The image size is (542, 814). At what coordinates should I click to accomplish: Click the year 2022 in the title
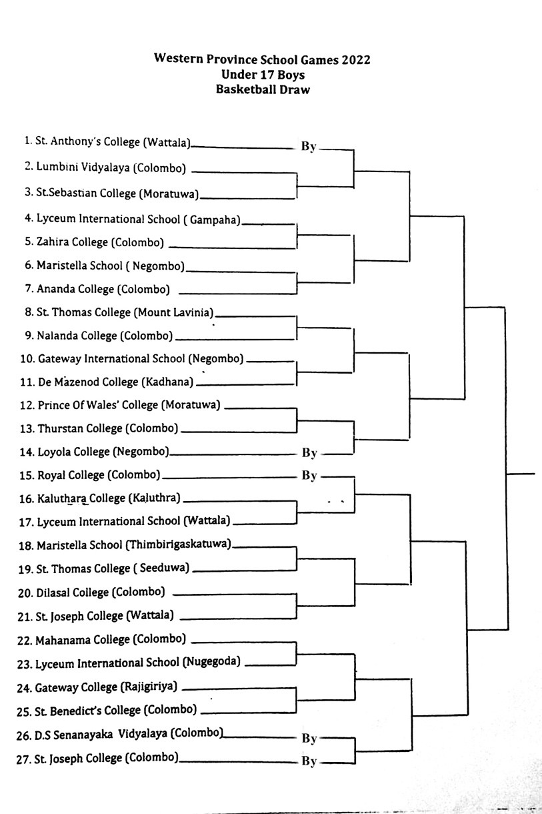(x=355, y=59)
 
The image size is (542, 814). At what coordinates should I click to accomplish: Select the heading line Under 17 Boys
(x=263, y=75)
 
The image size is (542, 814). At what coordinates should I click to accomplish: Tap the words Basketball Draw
(x=263, y=89)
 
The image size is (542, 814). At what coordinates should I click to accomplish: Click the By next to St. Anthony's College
(x=309, y=146)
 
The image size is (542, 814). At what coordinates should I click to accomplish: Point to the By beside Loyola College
(x=309, y=452)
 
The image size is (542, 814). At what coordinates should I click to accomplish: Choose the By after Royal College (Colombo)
(x=309, y=475)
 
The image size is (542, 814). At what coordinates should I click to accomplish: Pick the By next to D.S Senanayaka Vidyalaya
(x=309, y=738)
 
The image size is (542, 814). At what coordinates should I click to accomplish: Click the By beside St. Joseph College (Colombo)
(x=309, y=761)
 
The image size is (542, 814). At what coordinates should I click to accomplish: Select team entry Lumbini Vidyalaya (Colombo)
(x=111, y=167)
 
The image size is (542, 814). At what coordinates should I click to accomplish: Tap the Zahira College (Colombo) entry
(x=100, y=242)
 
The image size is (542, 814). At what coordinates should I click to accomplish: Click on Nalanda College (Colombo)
(x=105, y=336)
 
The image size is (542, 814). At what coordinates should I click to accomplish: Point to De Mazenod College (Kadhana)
(x=115, y=382)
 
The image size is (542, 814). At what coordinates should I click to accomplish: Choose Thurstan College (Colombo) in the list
(x=108, y=428)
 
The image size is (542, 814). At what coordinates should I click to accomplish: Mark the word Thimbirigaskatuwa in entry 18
(x=178, y=544)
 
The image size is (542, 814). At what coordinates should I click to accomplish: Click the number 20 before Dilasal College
(x=25, y=593)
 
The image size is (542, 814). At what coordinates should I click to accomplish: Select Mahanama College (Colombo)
(x=111, y=640)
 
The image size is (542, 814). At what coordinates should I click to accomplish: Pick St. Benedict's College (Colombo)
(x=116, y=711)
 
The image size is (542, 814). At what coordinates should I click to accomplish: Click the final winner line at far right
(x=521, y=474)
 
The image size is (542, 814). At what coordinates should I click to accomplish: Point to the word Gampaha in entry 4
(x=215, y=220)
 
